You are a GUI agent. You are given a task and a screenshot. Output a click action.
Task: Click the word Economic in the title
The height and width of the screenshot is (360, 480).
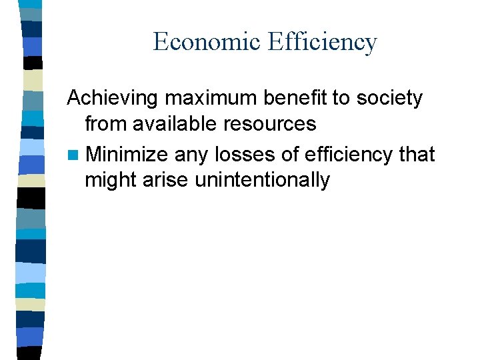[x=207, y=42]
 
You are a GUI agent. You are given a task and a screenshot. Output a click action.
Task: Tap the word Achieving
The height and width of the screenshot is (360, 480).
[x=113, y=99]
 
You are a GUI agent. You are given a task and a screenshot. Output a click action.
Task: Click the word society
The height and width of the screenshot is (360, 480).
[x=389, y=99]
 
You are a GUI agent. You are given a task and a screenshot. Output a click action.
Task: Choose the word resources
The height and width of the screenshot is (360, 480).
[x=271, y=124]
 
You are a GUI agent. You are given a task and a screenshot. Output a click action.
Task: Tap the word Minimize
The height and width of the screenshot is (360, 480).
[x=127, y=155]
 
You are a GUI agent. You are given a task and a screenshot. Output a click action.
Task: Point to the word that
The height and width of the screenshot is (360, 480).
[x=417, y=155]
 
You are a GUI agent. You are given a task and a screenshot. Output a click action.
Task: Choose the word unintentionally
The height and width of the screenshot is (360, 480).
[x=263, y=180]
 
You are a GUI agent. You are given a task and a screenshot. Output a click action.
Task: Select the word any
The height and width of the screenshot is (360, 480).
[x=190, y=155]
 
